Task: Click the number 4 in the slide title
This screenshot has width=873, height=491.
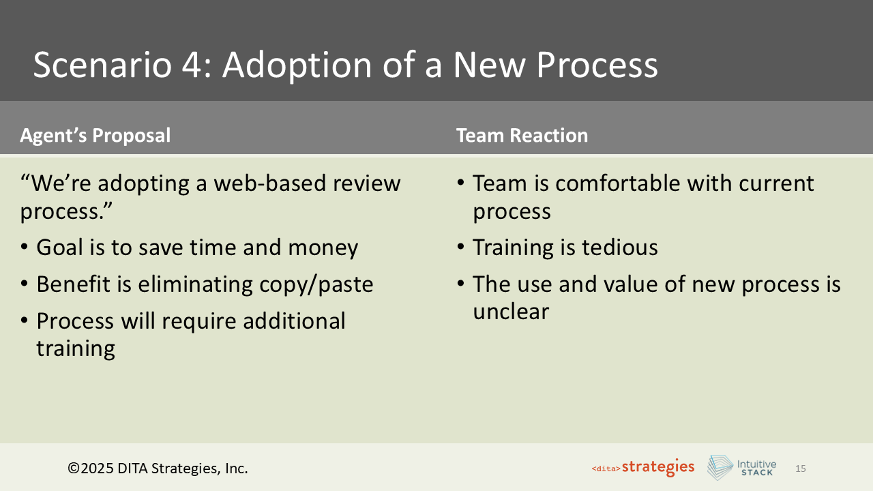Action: [194, 65]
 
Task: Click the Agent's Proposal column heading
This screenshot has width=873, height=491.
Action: [95, 136]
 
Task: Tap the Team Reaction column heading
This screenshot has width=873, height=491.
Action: [522, 136]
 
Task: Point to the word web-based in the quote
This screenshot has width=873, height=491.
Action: [275, 183]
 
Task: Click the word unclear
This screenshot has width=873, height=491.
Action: [511, 312]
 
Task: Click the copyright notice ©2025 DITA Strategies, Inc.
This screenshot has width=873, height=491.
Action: [158, 468]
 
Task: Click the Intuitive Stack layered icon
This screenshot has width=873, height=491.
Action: [720, 468]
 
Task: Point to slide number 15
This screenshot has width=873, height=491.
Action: [801, 468]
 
